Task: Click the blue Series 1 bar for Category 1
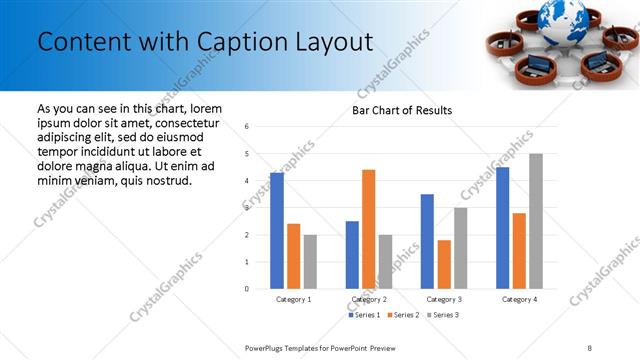pos(277,231)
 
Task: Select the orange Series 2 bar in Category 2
pos(368,229)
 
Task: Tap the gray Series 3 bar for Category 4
pos(536,221)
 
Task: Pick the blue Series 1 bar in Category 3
pos(427,241)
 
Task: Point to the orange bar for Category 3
pos(444,264)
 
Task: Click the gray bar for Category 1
pos(310,262)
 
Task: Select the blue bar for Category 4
pos(502,228)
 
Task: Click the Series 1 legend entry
pos(364,315)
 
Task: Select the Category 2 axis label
pos(369,299)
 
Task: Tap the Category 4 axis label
pos(519,299)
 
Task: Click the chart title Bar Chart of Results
pos(402,110)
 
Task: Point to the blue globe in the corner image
pos(561,15)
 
